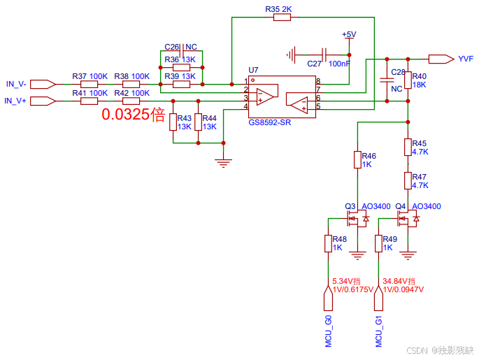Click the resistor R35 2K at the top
tap(282, 17)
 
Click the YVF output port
tap(441, 59)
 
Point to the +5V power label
tap(349, 35)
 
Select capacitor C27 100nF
tap(323, 53)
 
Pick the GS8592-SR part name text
tap(270, 122)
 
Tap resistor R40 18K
tap(407, 80)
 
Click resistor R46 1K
tap(357, 159)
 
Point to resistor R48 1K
tap(327, 243)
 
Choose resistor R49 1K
tap(378, 243)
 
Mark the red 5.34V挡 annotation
tap(348, 280)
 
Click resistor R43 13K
tap(173, 122)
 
